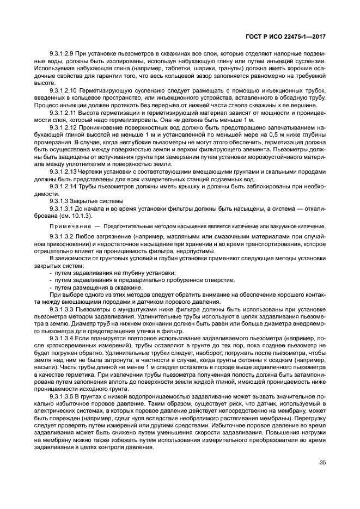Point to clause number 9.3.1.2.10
[65, 89]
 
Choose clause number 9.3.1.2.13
[65, 171]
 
